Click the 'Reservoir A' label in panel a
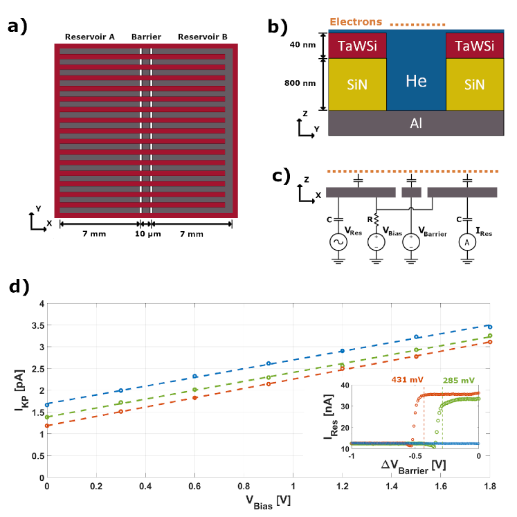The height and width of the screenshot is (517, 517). [90, 36]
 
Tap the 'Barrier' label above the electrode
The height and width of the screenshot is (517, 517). [146, 36]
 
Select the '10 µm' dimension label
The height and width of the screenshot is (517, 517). [147, 234]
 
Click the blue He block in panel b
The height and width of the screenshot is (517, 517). [416, 81]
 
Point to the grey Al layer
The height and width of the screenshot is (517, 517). [416, 123]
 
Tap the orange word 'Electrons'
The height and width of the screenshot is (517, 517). [356, 22]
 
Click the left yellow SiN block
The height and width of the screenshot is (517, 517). [357, 84]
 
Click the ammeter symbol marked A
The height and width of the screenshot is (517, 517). [468, 242]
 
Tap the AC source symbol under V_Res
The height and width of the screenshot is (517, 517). [339, 242]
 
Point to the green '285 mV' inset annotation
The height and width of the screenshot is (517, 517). [459, 379]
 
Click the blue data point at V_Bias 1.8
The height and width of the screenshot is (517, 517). [489, 327]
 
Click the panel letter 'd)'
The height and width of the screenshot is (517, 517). [19, 287]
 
